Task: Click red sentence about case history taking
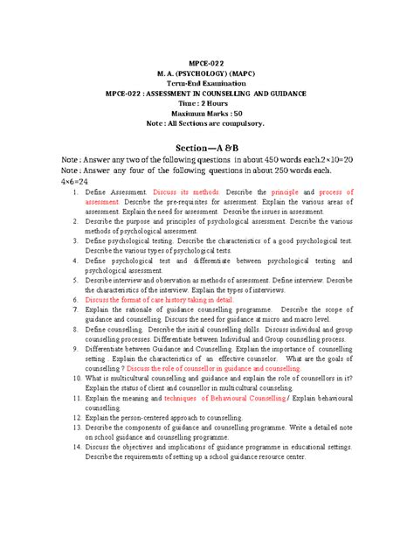coord(160,323)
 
